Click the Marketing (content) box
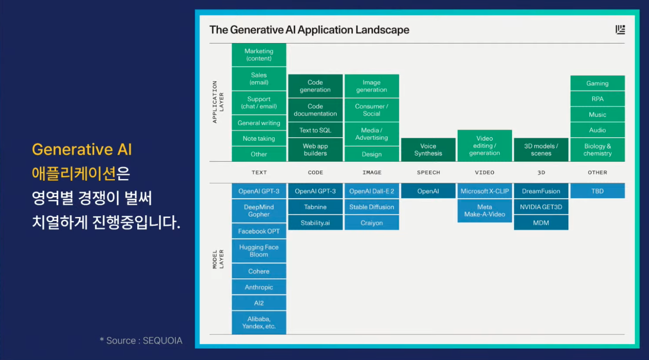[259, 55]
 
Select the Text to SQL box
[315, 130]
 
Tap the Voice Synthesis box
[428, 150]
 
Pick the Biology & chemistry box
[597, 150]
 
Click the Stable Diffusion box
[371, 207]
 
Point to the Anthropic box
[259, 287]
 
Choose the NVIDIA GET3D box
[541, 207]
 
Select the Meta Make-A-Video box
[484, 211]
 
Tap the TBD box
[597, 191]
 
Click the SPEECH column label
[428, 173]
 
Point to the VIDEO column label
[484, 173]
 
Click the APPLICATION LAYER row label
[218, 102]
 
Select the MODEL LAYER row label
[218, 259]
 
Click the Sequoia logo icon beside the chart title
[620, 30]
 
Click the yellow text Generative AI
[82, 149]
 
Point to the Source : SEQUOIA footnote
[141, 341]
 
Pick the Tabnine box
[315, 207]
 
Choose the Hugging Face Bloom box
[259, 251]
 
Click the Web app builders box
[315, 150]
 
